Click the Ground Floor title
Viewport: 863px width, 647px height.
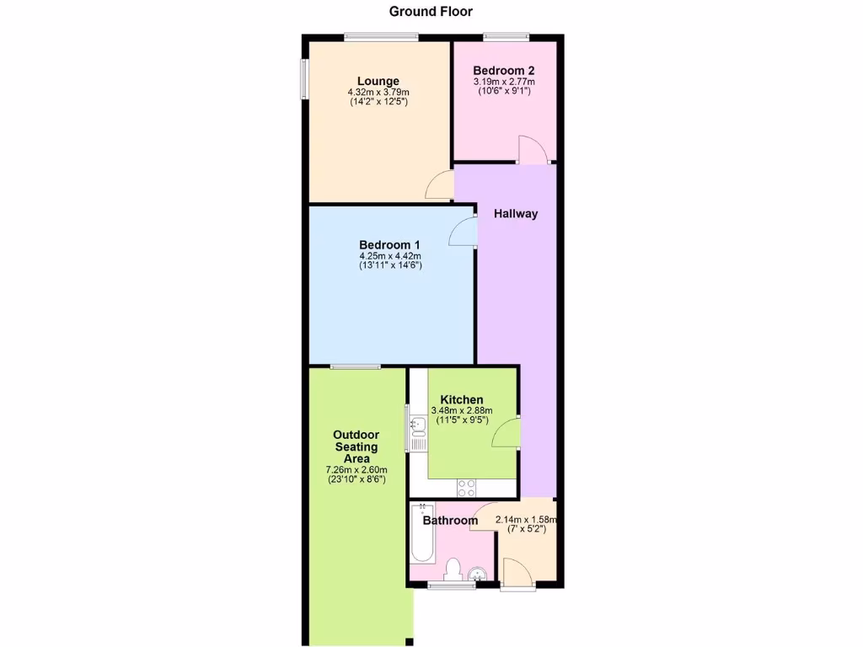click(x=431, y=12)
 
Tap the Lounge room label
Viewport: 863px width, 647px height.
click(x=378, y=82)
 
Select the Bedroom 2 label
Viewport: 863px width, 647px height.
click(x=503, y=71)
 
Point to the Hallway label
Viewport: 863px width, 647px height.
click(x=516, y=214)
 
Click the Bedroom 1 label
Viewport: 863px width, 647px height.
click(x=389, y=245)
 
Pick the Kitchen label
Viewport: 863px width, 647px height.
click(x=462, y=399)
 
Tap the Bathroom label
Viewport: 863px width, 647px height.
click(x=450, y=521)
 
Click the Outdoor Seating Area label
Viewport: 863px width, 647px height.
click(x=356, y=446)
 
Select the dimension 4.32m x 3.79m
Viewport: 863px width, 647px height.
click(x=378, y=93)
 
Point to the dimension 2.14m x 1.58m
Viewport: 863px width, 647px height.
click(x=526, y=520)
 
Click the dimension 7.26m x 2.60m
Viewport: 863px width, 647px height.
click(x=356, y=470)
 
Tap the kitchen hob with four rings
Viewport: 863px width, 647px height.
click(x=466, y=487)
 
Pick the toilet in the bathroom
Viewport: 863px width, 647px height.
click(x=453, y=569)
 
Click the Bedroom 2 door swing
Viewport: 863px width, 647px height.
click(x=533, y=150)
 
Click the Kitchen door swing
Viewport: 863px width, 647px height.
click(x=506, y=431)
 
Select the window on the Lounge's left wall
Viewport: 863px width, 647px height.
click(x=306, y=79)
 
